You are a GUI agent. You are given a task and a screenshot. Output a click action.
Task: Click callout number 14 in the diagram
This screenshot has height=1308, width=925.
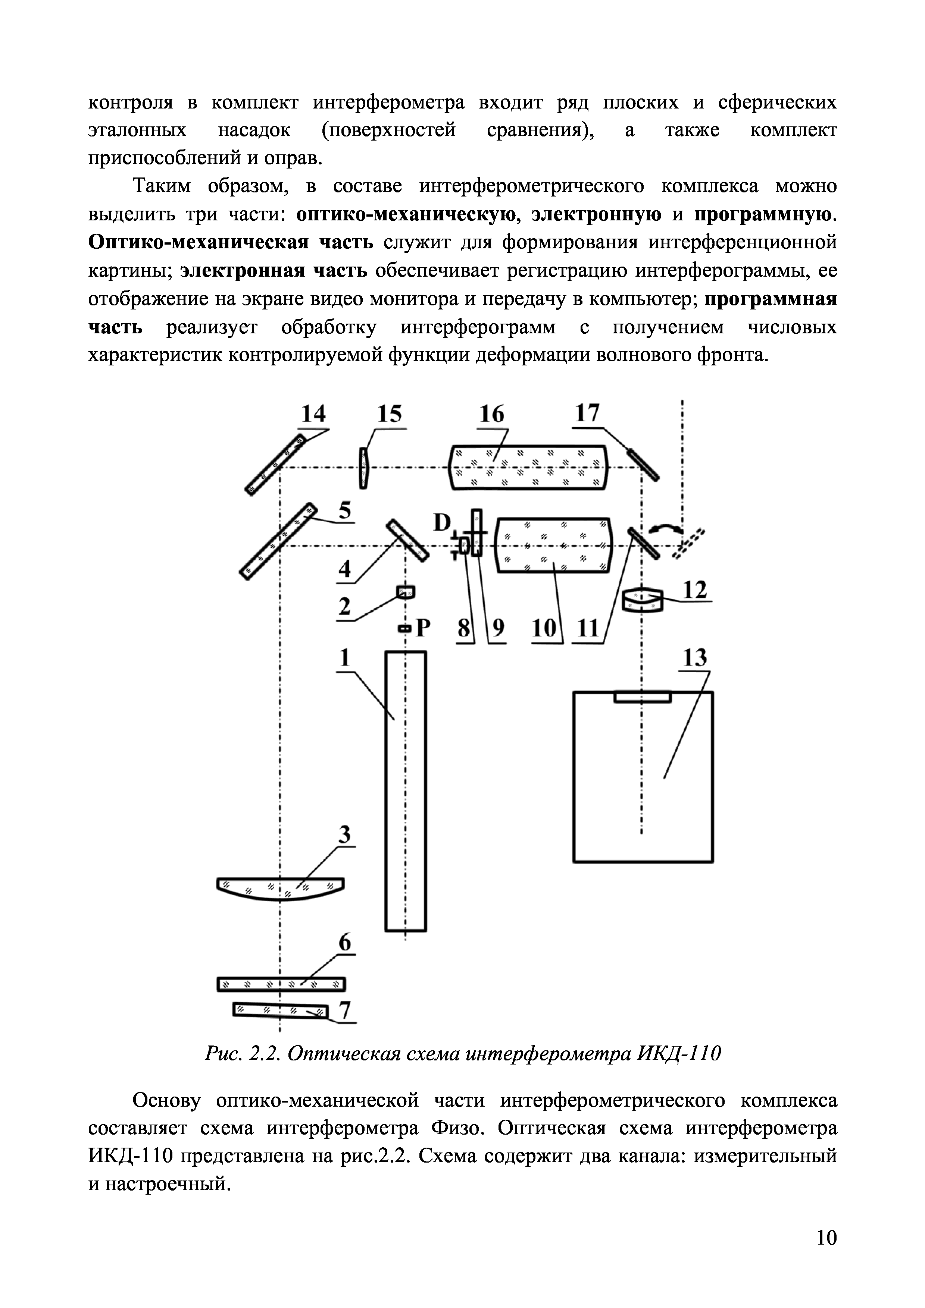tap(313, 414)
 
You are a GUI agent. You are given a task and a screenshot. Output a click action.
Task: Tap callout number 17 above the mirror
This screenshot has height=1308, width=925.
tap(587, 413)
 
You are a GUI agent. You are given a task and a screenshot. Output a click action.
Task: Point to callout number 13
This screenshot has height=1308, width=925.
tap(695, 658)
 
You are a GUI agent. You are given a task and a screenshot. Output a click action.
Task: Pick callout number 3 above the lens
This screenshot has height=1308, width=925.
tap(344, 835)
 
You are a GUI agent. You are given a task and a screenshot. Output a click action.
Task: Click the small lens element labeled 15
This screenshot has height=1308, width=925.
tap(363, 468)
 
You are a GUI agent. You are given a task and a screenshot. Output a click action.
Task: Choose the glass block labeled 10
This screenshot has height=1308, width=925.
tap(553, 544)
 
